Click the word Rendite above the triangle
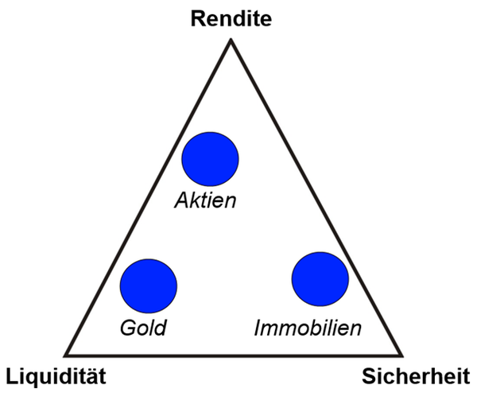[231, 18]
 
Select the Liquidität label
[56, 377]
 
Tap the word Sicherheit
[416, 376]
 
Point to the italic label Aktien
[205, 200]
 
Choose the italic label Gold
[143, 328]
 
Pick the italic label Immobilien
[308, 328]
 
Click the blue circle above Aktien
[210, 159]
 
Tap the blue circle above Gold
[149, 286]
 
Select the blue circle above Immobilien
[320, 279]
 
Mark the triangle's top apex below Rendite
[231, 39]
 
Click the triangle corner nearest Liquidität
[65, 355]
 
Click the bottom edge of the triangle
[233, 355]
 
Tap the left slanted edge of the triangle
[148, 197]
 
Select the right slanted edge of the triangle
[316, 197]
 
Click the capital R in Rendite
[198, 18]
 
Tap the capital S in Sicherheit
[369, 377]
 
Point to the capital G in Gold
[128, 328]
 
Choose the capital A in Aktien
[184, 200]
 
